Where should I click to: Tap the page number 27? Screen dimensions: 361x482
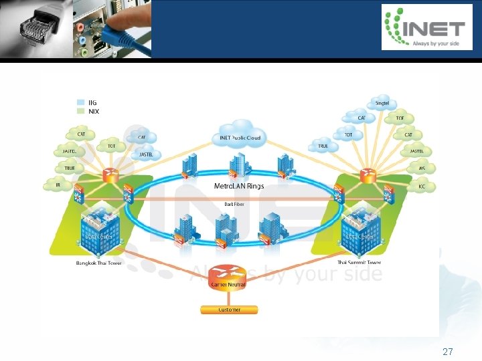pos(448,352)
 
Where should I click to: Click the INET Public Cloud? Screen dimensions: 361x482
pos(239,136)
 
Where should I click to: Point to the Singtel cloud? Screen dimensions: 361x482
pos(382,104)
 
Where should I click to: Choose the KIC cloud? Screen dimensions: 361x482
pos(422,186)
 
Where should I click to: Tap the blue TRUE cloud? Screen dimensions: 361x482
pos(323,145)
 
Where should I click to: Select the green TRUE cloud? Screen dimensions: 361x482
pos(70,168)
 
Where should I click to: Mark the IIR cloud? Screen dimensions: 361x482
pos(58,185)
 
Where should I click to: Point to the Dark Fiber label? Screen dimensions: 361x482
pos(233,204)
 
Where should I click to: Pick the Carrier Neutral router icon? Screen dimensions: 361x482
pos(228,276)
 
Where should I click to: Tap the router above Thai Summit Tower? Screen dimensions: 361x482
pos(367,176)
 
